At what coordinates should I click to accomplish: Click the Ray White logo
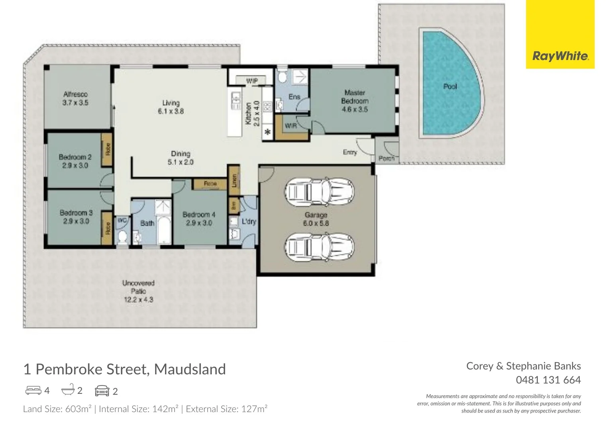coord(560,56)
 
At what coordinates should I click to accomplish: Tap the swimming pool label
coord(450,86)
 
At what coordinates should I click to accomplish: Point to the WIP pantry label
coord(251,81)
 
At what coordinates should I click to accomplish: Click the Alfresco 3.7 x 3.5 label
coord(75,98)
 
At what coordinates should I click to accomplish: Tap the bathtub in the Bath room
coord(164,230)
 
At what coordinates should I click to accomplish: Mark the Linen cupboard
coord(234,180)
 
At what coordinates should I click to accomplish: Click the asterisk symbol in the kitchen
coord(267,132)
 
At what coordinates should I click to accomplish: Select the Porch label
coord(386,158)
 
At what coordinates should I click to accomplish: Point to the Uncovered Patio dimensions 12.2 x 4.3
coord(138,299)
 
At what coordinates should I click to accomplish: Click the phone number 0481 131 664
coord(548,380)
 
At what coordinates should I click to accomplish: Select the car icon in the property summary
coord(102,391)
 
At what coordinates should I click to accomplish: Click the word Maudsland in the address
coord(190,369)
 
